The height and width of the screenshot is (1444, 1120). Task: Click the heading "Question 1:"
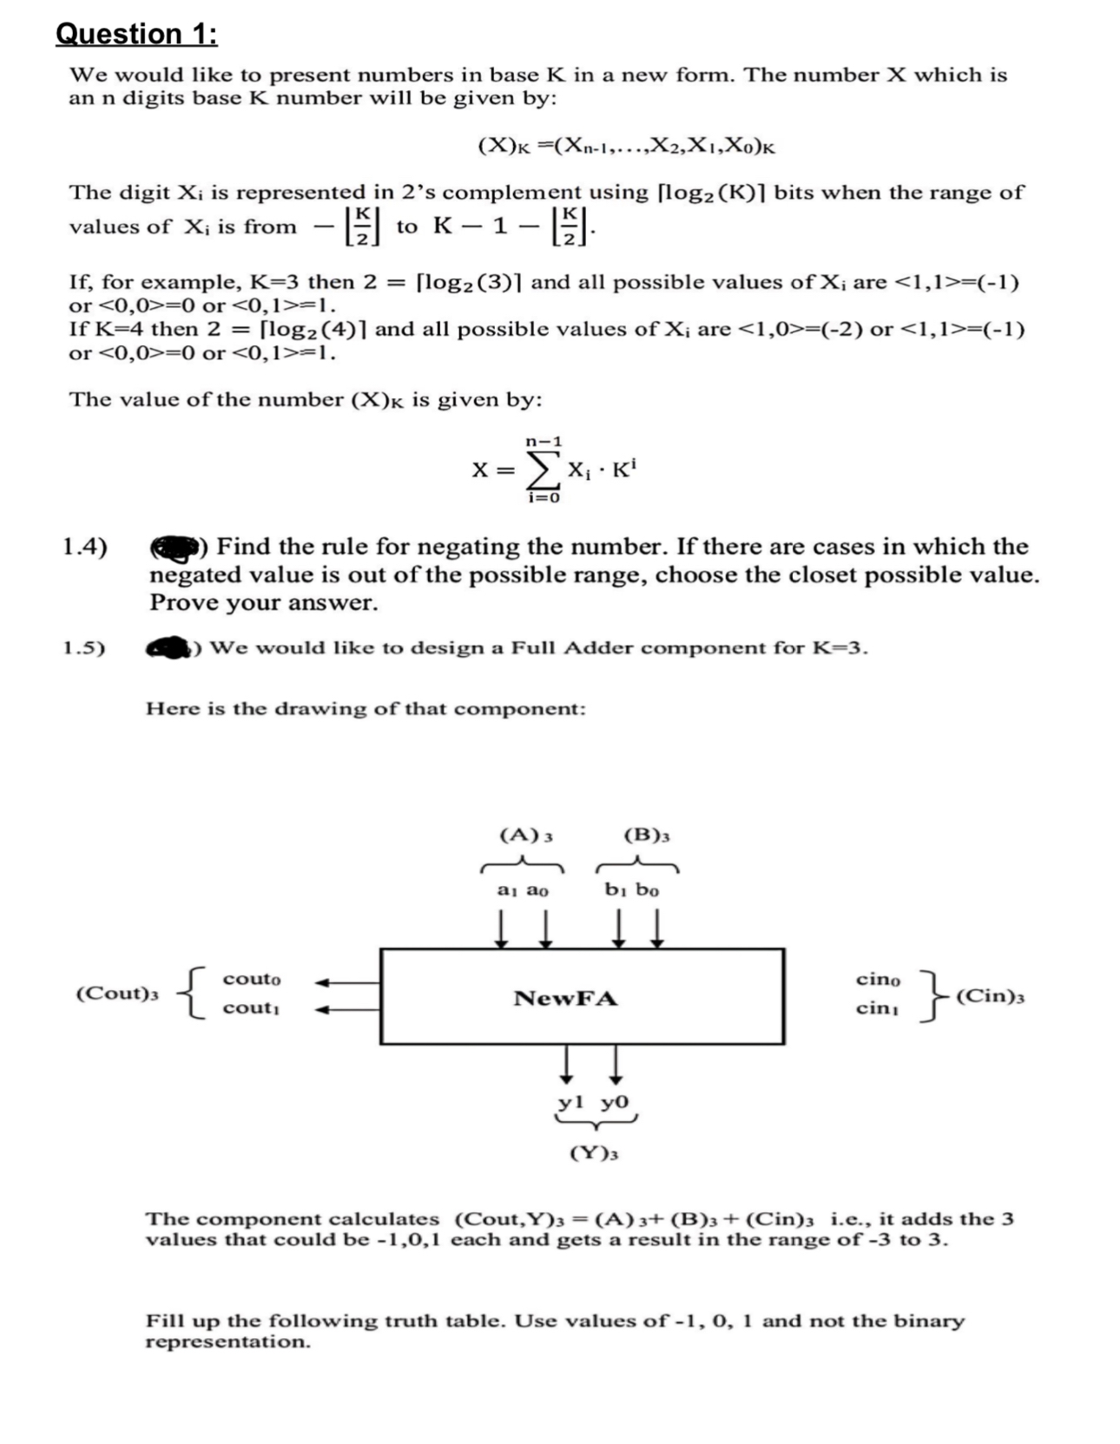click(136, 34)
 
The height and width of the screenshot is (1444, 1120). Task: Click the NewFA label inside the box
click(565, 998)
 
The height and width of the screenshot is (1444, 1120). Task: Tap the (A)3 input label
click(526, 836)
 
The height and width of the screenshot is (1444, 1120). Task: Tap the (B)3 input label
click(647, 836)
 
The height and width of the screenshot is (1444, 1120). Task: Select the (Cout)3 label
click(117, 994)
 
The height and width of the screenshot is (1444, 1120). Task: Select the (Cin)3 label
click(989, 995)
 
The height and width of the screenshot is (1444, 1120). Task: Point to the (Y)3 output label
click(594, 1153)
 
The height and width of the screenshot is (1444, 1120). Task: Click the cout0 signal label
click(252, 979)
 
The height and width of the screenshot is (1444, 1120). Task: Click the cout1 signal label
click(251, 1008)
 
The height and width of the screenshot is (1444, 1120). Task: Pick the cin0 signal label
click(878, 979)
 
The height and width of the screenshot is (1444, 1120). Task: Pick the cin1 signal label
click(877, 1008)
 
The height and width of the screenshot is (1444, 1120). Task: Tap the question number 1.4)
click(85, 547)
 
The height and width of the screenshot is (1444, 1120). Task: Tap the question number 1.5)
click(84, 648)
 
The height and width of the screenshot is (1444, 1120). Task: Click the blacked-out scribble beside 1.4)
click(175, 548)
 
